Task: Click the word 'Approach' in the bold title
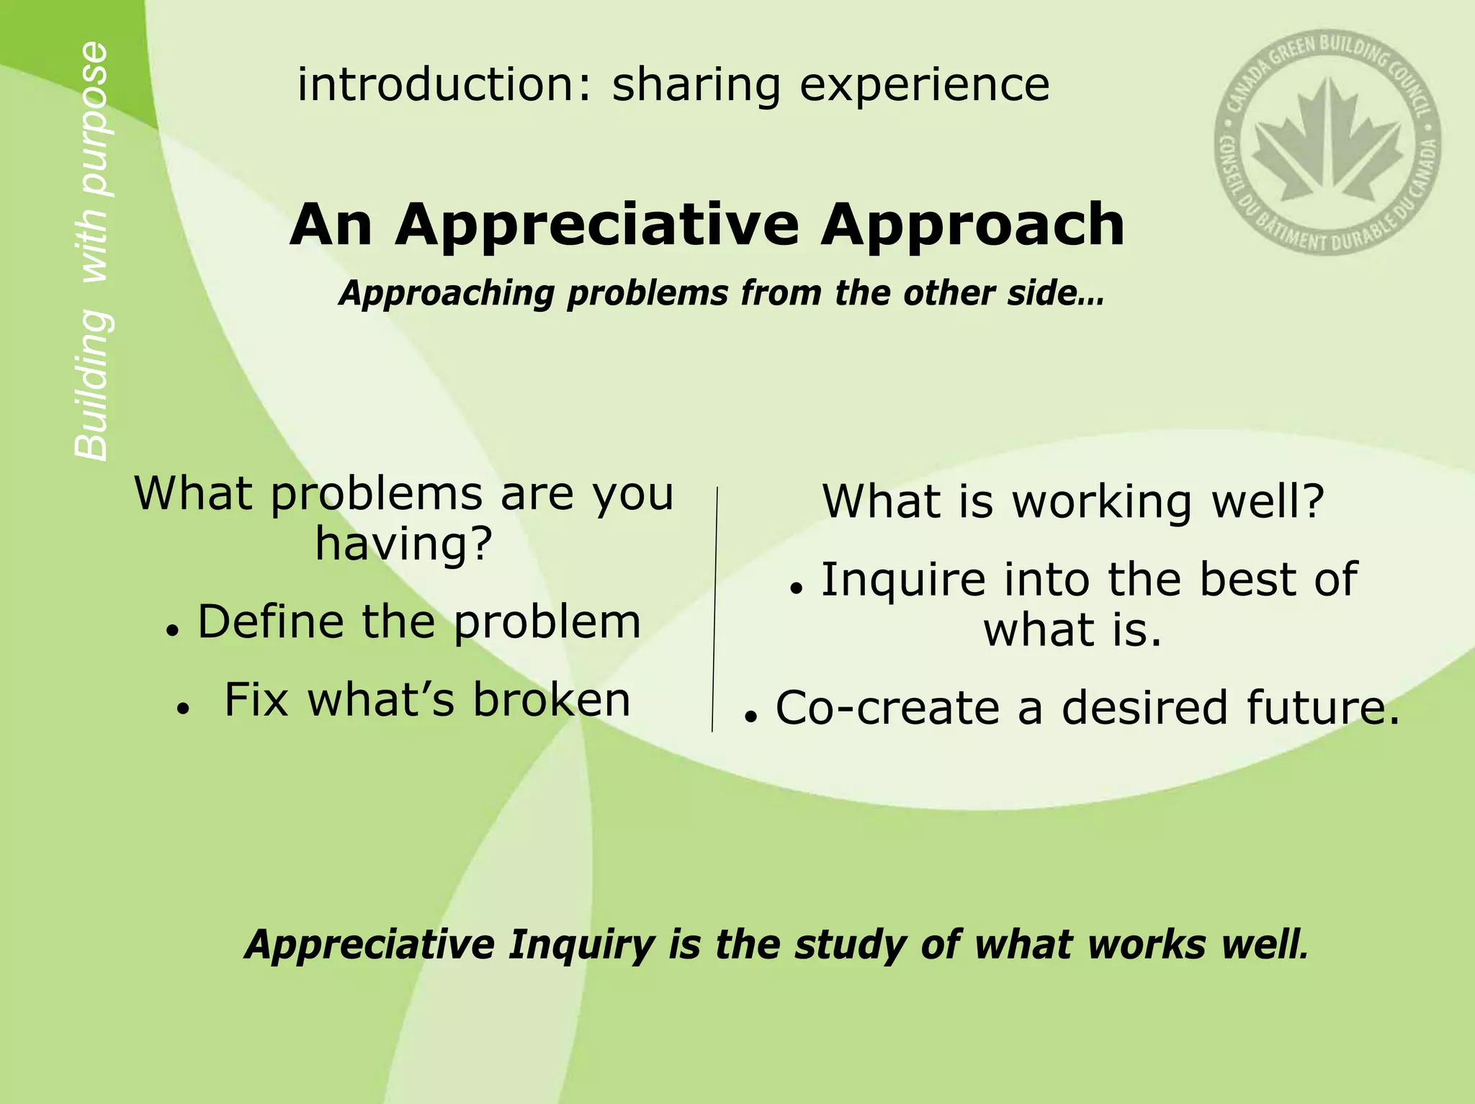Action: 972,226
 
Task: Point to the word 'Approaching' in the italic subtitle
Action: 447,294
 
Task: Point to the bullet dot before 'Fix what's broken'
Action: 183,709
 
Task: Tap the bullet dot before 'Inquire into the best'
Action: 795,588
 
